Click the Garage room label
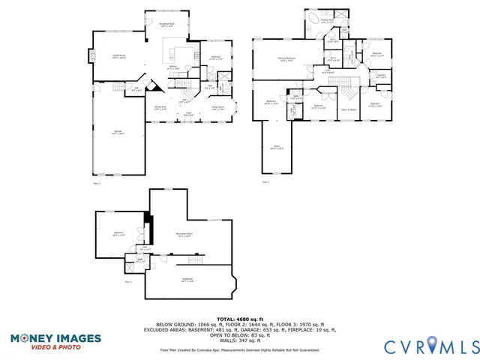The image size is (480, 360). (x=118, y=133)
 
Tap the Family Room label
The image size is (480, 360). (x=119, y=57)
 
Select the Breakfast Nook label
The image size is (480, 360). (x=168, y=25)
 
